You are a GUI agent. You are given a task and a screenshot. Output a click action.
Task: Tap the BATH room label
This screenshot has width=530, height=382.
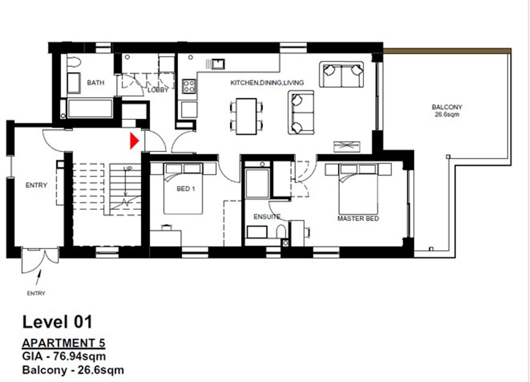tap(96, 83)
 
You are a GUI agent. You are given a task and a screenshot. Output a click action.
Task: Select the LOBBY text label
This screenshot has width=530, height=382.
tap(158, 90)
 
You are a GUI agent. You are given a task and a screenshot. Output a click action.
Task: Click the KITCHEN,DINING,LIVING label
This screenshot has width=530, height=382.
tap(267, 83)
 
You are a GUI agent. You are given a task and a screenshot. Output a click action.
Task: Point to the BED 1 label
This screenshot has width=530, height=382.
tap(186, 189)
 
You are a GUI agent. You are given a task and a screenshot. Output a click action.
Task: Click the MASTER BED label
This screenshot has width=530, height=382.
tap(358, 219)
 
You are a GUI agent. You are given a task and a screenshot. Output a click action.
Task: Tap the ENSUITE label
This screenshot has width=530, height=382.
tap(267, 217)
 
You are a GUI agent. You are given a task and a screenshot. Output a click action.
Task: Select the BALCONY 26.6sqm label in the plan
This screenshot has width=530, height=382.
tap(447, 110)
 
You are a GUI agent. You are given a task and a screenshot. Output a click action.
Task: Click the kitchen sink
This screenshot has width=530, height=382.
tap(218, 64)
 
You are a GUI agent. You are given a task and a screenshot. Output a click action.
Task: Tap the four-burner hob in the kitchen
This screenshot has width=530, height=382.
tap(189, 86)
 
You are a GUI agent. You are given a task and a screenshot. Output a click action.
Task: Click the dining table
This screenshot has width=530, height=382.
tap(246, 116)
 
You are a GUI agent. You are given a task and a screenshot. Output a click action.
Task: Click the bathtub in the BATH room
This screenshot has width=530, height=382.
tap(90, 109)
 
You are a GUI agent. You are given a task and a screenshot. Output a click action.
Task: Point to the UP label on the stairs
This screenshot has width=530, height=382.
tap(127, 169)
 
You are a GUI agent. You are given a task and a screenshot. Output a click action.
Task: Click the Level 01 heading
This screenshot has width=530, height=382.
tap(57, 322)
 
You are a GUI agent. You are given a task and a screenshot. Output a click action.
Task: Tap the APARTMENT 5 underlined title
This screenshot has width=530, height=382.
tap(64, 343)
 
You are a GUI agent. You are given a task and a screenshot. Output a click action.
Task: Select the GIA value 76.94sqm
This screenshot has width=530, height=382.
tap(79, 356)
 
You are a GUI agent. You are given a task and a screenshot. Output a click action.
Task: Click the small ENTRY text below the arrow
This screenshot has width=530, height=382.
tap(36, 293)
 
